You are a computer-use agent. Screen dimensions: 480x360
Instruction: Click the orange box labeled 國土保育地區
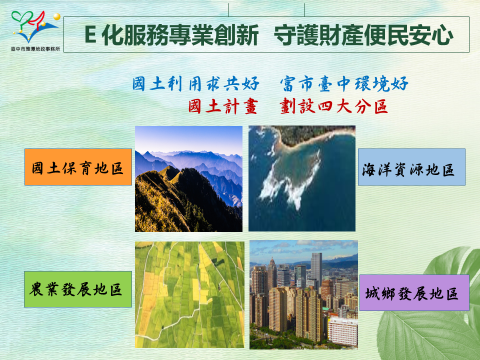[78, 167]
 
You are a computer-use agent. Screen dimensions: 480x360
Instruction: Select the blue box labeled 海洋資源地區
[411, 167]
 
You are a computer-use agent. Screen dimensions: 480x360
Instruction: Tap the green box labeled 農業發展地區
[78, 289]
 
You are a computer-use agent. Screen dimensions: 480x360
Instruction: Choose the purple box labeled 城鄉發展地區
[414, 293]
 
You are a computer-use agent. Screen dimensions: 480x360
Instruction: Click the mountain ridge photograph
[188, 179]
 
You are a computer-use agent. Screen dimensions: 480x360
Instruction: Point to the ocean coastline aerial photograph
[302, 178]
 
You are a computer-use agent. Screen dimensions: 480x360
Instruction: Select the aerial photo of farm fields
[190, 295]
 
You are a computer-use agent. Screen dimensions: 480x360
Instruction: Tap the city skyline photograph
[303, 295]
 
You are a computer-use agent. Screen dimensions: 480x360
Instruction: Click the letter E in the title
[90, 34]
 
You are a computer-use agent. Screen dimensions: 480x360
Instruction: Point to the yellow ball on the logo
[56, 16]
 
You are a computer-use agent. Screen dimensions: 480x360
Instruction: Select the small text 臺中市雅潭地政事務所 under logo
[35, 48]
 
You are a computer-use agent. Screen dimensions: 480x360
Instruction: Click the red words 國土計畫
[222, 106]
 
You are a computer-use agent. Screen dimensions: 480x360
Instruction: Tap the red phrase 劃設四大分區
[333, 106]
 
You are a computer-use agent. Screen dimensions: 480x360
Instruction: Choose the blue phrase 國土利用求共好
[196, 83]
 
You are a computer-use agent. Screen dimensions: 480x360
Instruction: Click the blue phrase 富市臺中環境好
[344, 83]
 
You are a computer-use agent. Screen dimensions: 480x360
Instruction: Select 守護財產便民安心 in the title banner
[363, 35]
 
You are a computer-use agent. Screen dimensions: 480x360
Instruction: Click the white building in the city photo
[342, 331]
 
